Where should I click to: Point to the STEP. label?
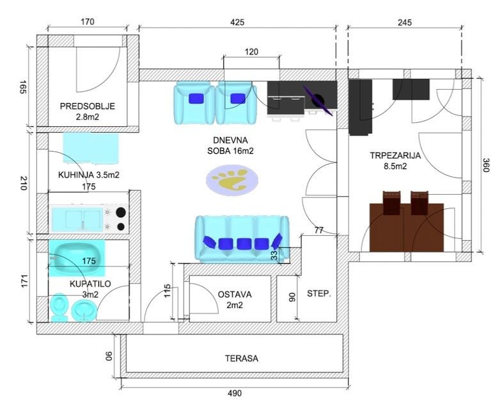[318, 295]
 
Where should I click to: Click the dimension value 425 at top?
[237, 22]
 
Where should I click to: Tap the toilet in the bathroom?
[59, 307]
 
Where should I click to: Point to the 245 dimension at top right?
[404, 22]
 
